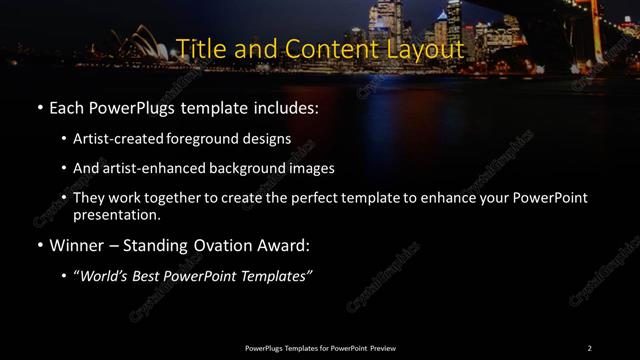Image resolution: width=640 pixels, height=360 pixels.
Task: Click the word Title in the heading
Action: pos(198,48)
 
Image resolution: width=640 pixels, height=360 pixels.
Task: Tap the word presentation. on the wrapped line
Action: pos(117,214)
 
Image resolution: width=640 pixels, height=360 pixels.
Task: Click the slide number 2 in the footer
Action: pos(589,348)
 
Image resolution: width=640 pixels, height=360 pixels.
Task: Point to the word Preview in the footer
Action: pos(383,348)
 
